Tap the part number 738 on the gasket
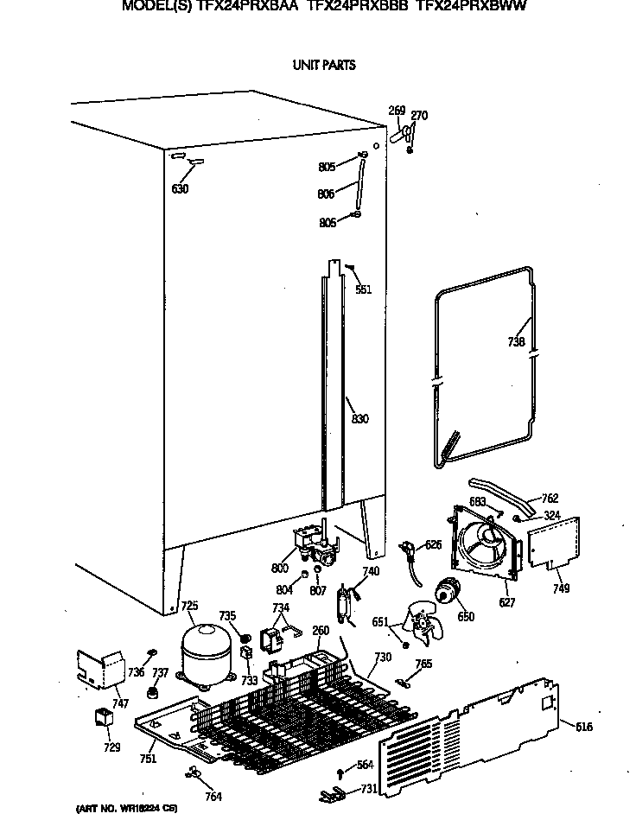click(x=516, y=342)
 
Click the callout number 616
click(x=584, y=728)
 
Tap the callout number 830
click(x=360, y=420)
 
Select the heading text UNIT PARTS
click(x=323, y=65)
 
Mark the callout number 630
click(x=180, y=189)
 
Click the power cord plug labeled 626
click(x=409, y=550)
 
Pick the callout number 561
click(x=363, y=289)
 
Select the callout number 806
click(x=326, y=194)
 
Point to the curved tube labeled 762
click(x=501, y=495)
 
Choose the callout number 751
click(x=148, y=759)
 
